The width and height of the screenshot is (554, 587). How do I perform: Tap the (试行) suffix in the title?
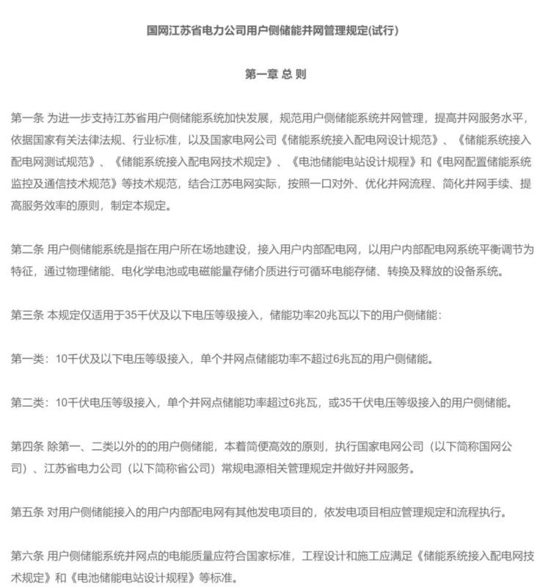coord(388,32)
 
